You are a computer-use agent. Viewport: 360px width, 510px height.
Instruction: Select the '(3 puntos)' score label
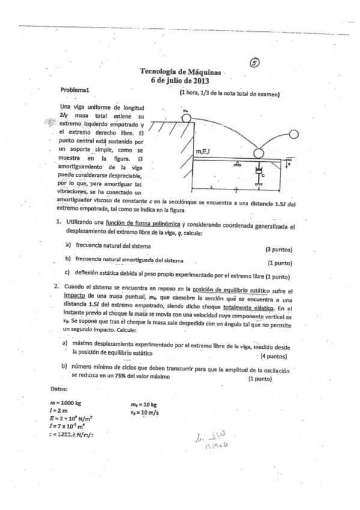tap(278, 249)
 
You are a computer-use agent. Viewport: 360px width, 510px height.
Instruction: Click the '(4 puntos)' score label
tap(276, 356)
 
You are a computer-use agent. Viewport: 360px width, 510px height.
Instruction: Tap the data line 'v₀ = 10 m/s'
tap(145, 412)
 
